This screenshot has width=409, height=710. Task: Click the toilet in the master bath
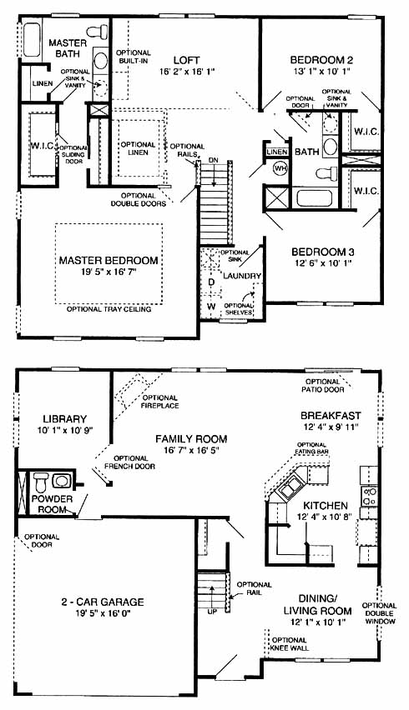(98, 32)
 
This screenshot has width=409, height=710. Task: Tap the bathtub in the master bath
(32, 40)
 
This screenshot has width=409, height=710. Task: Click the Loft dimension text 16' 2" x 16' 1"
(186, 71)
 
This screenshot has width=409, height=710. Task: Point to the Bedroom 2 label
(322, 60)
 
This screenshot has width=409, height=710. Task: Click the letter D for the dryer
(211, 282)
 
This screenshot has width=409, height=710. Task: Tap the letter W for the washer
(211, 306)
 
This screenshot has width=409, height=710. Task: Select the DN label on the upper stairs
(214, 160)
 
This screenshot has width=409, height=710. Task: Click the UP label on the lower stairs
(212, 612)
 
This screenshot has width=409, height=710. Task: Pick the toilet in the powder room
(41, 482)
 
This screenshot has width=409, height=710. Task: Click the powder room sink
(60, 481)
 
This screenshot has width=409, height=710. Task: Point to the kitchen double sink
(289, 489)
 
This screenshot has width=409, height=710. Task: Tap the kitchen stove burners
(370, 495)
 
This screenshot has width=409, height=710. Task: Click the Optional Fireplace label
(160, 402)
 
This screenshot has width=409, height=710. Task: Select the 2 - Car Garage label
(103, 602)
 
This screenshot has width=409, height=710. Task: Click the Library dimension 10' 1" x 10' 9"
(65, 431)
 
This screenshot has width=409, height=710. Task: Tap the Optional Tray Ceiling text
(109, 309)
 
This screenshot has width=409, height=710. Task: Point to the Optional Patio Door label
(322, 386)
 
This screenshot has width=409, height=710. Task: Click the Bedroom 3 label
(323, 252)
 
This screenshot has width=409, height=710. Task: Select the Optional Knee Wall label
(290, 644)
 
